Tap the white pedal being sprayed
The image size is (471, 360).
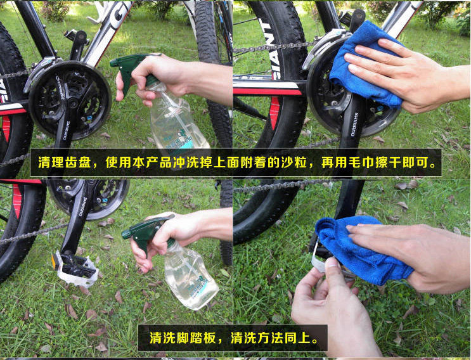tap(76, 266)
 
